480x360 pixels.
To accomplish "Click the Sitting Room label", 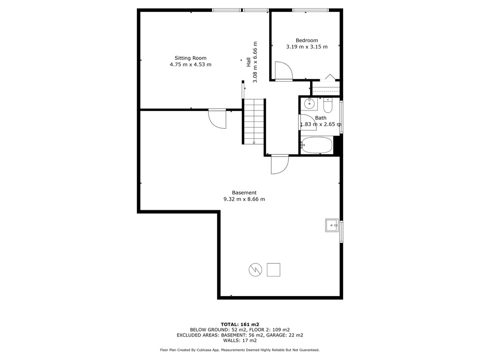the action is tap(191, 58).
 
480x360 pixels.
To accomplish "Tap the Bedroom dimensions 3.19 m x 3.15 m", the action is tap(307, 47).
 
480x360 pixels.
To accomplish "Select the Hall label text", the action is tap(249, 62).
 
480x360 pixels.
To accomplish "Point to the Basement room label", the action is tap(244, 192).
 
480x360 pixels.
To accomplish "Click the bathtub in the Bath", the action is tap(316, 145).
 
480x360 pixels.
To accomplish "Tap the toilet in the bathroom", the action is tap(327, 105).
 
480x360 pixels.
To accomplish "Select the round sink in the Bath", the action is tap(309, 104).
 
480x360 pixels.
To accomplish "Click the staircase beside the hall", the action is tap(254, 121).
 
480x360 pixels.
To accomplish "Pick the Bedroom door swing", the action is tap(284, 71).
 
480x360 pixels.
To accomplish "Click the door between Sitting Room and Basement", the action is tap(217, 119).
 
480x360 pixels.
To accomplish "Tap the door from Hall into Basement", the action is tap(280, 165).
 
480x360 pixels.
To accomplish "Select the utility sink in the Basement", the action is tap(332, 225).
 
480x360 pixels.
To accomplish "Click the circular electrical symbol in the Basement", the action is tap(255, 270).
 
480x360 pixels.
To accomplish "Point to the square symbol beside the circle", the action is tap(274, 270).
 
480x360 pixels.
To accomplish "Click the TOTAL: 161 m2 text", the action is tap(240, 324).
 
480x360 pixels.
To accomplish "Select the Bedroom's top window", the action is tap(311, 10).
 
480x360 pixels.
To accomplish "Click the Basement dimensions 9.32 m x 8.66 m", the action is tap(244, 199).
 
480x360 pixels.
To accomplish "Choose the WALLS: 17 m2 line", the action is tap(240, 340).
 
